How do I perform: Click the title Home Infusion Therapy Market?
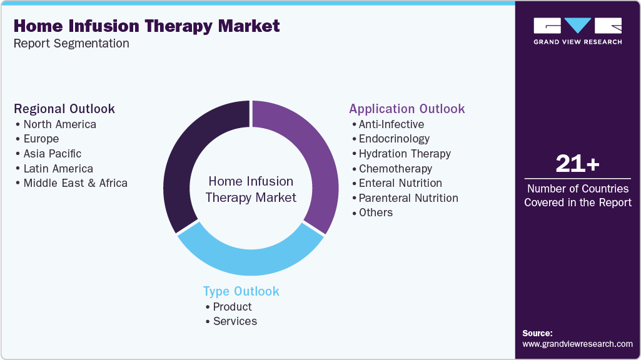point(146,26)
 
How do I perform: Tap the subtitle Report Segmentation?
point(71,43)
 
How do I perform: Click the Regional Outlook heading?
point(64,109)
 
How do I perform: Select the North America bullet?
point(59,124)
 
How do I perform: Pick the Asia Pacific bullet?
point(53,154)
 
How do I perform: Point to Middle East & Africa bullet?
point(75,183)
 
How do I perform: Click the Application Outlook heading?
point(406,109)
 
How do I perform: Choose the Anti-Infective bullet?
point(391,124)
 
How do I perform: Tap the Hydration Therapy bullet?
point(404,154)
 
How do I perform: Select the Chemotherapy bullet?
point(395,169)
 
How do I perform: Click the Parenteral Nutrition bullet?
point(408,198)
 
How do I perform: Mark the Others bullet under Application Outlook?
point(375,212)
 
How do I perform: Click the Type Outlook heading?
point(241,291)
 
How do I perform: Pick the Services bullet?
point(235,321)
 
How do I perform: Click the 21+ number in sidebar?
point(577,164)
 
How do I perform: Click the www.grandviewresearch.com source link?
point(577,344)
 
